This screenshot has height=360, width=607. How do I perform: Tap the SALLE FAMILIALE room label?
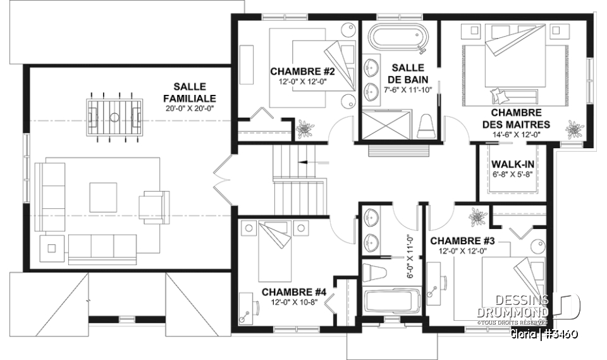pyautogui.click(x=189, y=92)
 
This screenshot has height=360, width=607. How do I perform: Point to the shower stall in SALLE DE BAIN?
pyautogui.click(x=385, y=124)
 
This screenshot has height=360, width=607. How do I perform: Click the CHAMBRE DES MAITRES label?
pyautogui.click(x=516, y=118)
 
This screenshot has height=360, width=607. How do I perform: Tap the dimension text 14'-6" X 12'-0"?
pyautogui.click(x=516, y=134)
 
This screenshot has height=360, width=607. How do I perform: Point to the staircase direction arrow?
pyautogui.click(x=310, y=162)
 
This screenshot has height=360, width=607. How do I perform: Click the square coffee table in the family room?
pyautogui.click(x=103, y=197)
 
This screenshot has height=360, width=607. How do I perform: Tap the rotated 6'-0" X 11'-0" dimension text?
pyautogui.click(x=408, y=256)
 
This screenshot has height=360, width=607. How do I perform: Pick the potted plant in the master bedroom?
pyautogui.click(x=574, y=130)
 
